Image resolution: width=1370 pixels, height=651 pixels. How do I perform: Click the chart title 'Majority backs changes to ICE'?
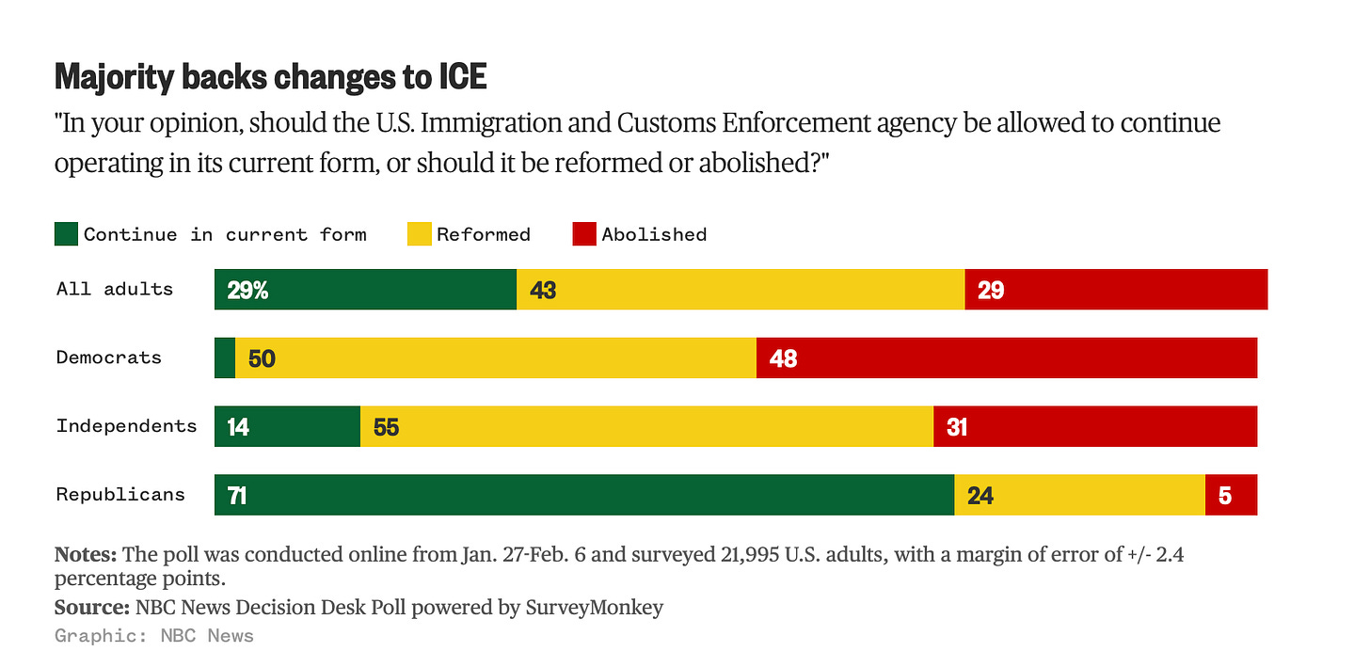pos(271,77)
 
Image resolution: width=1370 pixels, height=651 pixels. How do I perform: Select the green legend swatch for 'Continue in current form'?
pos(67,234)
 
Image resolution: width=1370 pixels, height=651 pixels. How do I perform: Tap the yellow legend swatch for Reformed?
pos(419,234)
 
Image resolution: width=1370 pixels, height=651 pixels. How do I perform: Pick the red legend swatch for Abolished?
pos(584,234)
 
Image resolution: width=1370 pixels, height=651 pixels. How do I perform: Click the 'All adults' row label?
pos(115,289)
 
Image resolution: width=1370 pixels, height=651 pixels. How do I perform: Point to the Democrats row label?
pos(109,357)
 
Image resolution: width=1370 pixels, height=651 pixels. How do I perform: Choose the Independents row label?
pos(126,426)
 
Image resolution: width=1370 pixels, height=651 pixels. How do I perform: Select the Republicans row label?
pos(120,494)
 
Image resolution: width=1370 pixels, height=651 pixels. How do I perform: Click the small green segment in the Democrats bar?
pos(225,357)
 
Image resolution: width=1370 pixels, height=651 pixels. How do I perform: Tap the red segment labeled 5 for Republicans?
pos(1231,495)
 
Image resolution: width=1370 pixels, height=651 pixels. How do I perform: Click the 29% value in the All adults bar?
pos(247,290)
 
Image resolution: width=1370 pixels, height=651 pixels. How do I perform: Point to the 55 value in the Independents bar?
pos(386,427)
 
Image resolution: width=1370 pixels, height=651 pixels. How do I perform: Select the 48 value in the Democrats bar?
pos(783,358)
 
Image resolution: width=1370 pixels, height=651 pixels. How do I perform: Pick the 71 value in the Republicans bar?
pos(237,495)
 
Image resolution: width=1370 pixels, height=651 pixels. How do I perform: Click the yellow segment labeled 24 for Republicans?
pos(1079,495)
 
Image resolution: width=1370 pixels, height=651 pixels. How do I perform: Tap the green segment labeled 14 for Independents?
pos(287,427)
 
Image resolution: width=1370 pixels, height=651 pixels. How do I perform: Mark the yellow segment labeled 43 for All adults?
pos(741,290)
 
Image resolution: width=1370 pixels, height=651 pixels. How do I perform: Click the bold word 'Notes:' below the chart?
pos(86,554)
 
